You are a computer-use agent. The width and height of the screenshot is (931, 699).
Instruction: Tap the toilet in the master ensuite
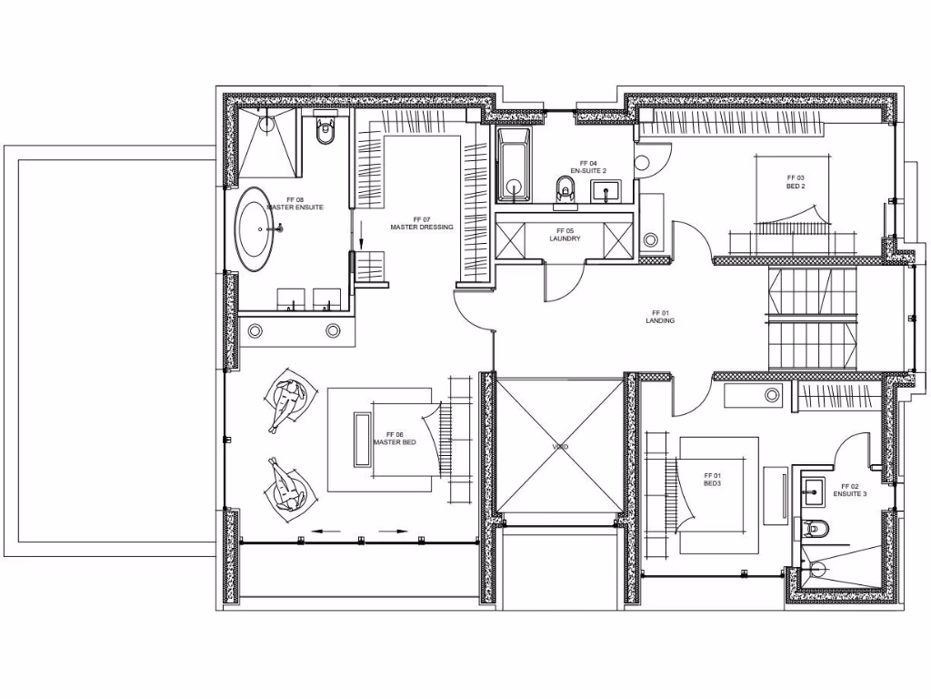pyautogui.click(x=325, y=134)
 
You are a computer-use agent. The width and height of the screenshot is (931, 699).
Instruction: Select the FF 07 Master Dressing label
pyautogui.click(x=421, y=223)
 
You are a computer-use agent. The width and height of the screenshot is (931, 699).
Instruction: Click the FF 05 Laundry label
pyautogui.click(x=565, y=235)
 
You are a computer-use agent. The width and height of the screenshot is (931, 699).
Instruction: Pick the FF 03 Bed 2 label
pyautogui.click(x=796, y=181)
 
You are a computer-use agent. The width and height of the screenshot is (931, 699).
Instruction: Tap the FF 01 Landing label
pyautogui.click(x=660, y=317)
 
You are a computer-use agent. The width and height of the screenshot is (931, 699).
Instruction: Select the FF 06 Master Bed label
pyautogui.click(x=395, y=439)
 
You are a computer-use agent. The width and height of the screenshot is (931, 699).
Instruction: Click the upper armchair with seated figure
pyautogui.click(x=290, y=401)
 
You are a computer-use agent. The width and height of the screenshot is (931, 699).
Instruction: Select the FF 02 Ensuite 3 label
pyautogui.click(x=849, y=490)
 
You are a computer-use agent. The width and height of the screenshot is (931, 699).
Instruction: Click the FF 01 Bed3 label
pyautogui.click(x=712, y=479)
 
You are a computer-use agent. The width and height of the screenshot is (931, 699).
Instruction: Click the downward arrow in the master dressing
pyautogui.click(x=361, y=238)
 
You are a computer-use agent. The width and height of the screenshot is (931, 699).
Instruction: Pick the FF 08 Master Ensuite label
pyautogui.click(x=295, y=203)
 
